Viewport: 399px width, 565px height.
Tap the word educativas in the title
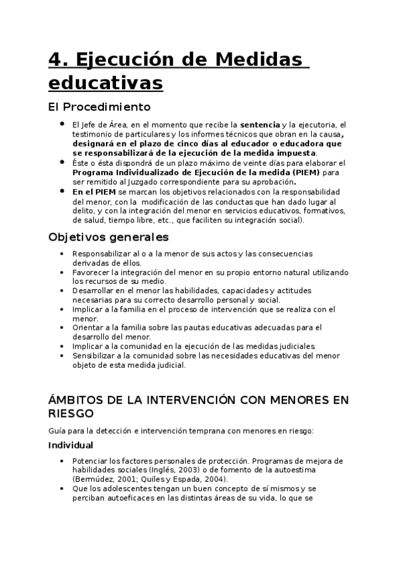[105, 84]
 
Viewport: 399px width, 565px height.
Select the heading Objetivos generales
[109, 237]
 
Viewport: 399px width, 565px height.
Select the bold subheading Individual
[71, 445]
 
